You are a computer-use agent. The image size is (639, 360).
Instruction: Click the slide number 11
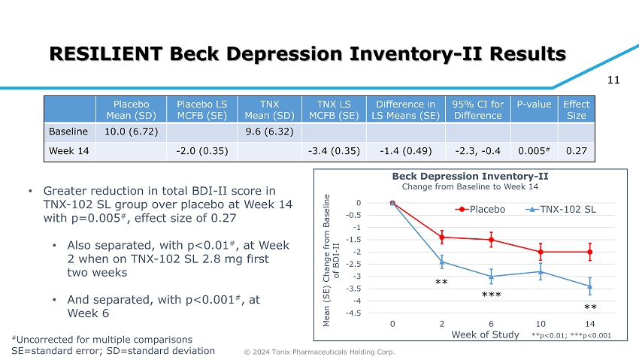click(612, 77)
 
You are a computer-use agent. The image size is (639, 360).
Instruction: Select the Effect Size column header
click(577, 110)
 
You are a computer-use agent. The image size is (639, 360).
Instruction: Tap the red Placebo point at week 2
click(442, 237)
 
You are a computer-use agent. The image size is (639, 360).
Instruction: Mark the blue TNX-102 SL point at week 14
click(590, 286)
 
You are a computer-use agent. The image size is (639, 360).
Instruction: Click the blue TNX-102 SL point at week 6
click(491, 277)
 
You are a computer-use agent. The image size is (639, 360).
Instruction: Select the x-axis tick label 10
click(541, 323)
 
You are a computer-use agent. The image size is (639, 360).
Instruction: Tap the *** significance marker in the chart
click(491, 296)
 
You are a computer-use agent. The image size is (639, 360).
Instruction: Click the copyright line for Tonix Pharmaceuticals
click(321, 352)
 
